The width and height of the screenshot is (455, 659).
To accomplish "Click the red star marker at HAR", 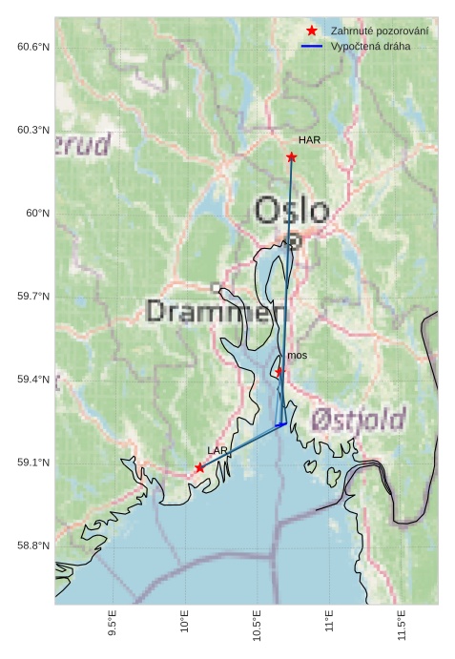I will click(291, 156).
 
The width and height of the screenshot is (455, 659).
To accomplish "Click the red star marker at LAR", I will click(199, 467).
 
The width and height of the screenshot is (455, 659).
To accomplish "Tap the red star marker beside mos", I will click(279, 371).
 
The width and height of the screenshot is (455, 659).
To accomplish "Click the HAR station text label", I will click(308, 140).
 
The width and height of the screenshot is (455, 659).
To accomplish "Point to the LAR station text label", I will click(217, 450).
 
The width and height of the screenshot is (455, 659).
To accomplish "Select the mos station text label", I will click(297, 356).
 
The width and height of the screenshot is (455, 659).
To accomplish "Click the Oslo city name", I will click(291, 210).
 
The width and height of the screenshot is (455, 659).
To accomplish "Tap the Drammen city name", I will click(217, 312).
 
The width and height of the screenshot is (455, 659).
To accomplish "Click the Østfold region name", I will click(358, 418).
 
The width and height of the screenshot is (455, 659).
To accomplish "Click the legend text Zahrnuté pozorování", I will click(379, 31).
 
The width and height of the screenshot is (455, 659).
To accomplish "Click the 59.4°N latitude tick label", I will click(33, 380).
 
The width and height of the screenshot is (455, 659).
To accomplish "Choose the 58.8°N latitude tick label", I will click(33, 546).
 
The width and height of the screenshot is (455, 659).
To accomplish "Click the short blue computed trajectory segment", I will click(280, 424).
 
